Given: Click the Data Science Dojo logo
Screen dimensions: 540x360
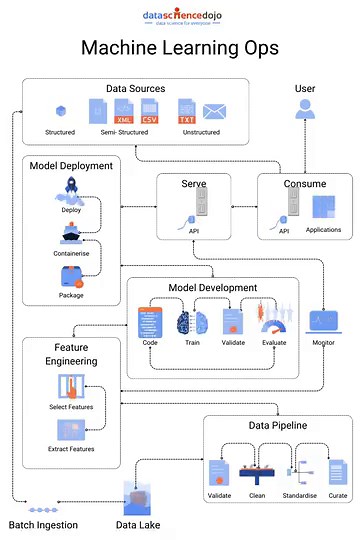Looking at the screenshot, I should (x=179, y=17).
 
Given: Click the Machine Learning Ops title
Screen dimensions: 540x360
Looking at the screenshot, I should (x=179, y=48).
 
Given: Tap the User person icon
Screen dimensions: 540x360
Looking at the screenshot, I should (x=304, y=109).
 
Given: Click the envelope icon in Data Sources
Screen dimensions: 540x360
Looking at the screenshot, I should (x=214, y=111).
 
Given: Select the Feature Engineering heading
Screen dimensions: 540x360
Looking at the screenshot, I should (x=48, y=354).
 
